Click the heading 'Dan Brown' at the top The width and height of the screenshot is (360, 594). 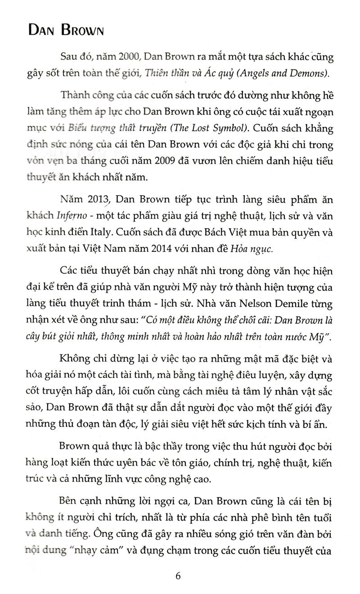click(66, 30)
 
